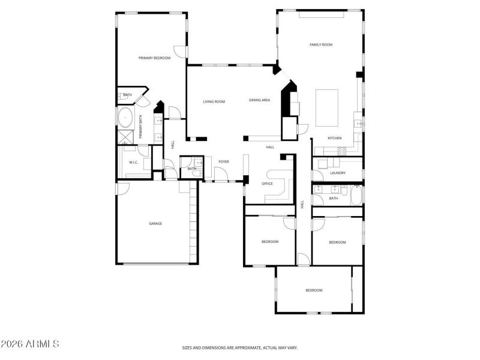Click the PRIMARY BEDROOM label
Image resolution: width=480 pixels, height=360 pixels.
click(x=154, y=58)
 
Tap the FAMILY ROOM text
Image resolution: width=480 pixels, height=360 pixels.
click(x=321, y=44)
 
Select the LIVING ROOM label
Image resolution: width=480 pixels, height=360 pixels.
click(x=214, y=101)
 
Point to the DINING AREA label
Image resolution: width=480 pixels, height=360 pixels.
click(x=259, y=100)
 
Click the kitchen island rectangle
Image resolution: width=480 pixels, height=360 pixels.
click(x=327, y=108)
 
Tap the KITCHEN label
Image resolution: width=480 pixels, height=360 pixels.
click(x=334, y=138)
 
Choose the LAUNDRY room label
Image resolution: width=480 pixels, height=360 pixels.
click(x=337, y=173)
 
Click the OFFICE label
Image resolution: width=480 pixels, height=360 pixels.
click(x=267, y=184)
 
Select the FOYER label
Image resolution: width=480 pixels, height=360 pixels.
click(x=223, y=161)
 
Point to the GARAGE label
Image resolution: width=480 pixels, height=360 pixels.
click(x=155, y=223)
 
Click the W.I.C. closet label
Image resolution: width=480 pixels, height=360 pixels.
click(x=133, y=163)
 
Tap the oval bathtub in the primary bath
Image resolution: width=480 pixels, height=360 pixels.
click(x=125, y=117)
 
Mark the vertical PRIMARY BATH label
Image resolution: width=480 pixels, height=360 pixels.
click(x=141, y=127)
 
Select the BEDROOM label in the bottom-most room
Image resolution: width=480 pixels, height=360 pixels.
click(x=314, y=290)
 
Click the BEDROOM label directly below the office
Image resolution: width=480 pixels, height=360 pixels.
click(x=270, y=241)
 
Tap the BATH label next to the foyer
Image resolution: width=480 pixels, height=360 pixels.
click(x=191, y=169)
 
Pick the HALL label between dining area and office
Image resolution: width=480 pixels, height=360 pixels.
click(x=270, y=147)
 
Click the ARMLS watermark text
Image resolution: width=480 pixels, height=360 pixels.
click(x=30, y=344)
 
